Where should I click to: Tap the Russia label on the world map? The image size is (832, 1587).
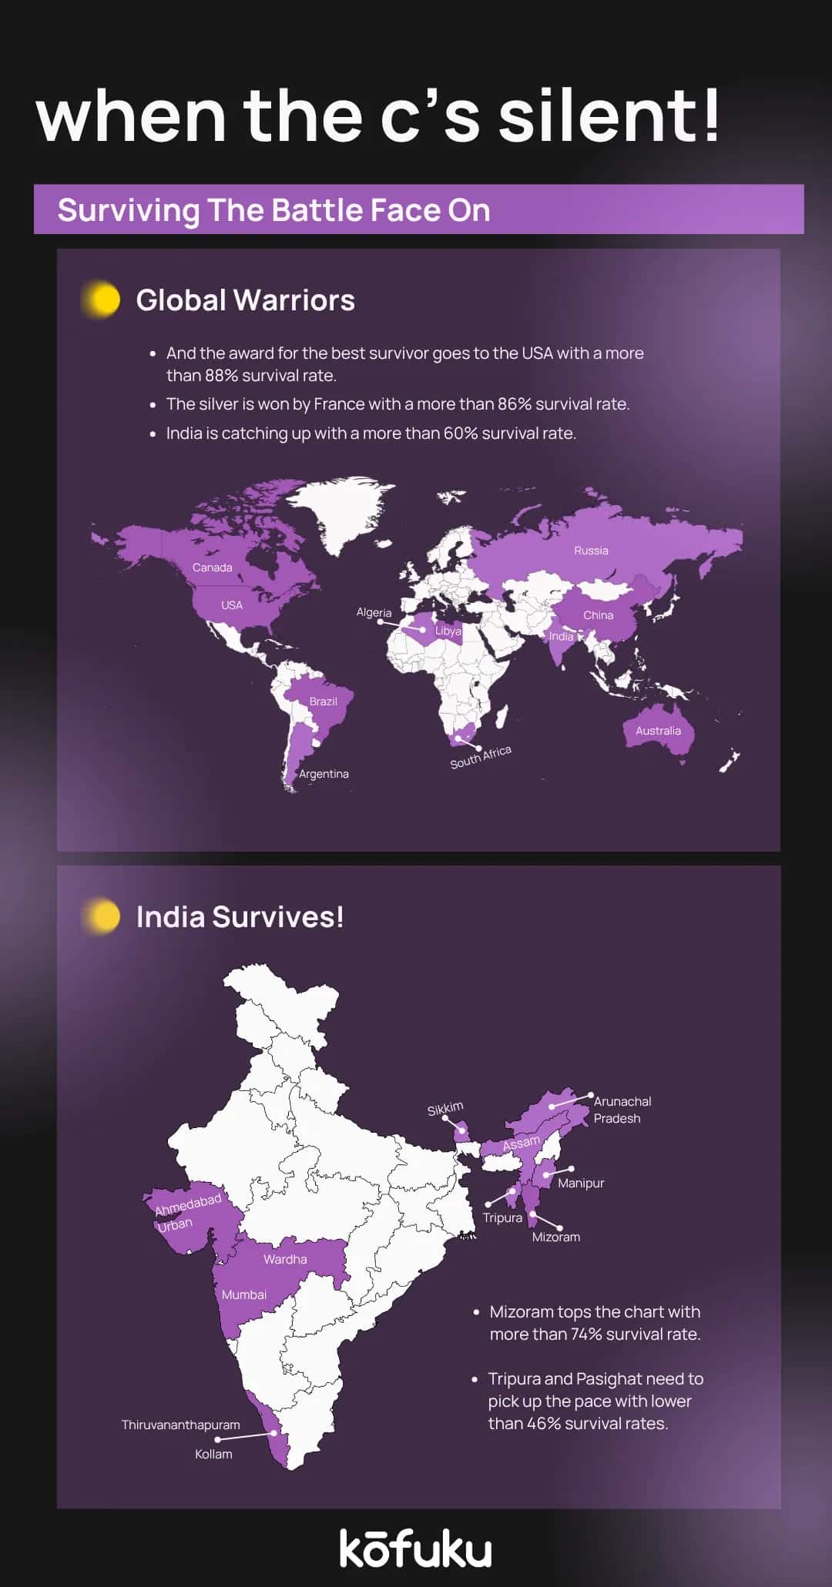[x=591, y=551]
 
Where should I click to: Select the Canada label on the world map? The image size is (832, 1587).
[x=212, y=568]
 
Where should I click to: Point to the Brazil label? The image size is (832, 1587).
[x=323, y=701]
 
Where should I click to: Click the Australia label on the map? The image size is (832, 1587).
[x=658, y=731]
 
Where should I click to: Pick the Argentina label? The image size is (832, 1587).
[x=324, y=774]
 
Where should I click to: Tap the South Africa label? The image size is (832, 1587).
[x=481, y=756]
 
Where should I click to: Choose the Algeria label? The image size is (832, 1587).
[x=374, y=612]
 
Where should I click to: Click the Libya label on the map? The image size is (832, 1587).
[x=448, y=631]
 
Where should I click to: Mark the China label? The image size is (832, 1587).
[x=598, y=615]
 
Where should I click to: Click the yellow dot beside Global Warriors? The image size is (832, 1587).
[x=102, y=300]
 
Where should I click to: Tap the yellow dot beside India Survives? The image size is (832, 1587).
[x=102, y=916]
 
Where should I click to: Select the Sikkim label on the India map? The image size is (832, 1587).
[x=445, y=1109]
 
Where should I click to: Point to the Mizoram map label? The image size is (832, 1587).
[x=555, y=1237]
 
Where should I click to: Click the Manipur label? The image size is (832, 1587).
[x=581, y=1183]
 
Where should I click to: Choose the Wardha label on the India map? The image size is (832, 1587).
[x=285, y=1259]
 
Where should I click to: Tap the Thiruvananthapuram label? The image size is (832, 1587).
[x=180, y=1425]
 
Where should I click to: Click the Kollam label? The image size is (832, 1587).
[x=213, y=1454]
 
